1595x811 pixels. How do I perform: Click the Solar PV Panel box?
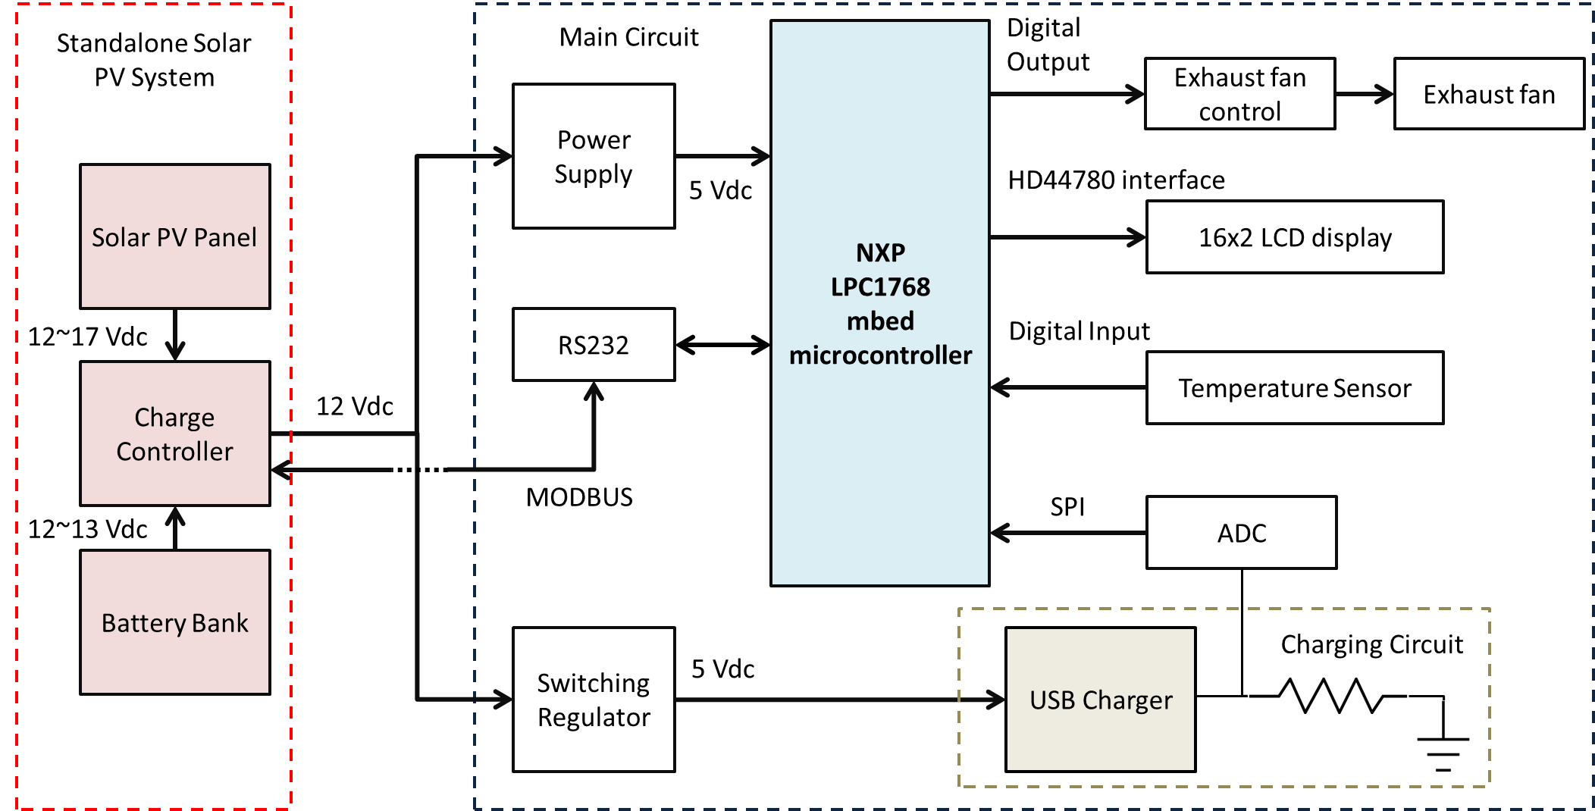[174, 236]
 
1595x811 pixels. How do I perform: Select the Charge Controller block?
[174, 434]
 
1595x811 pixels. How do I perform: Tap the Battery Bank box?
[174, 622]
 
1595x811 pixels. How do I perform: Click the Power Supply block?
[594, 156]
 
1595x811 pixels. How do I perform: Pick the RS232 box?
[594, 345]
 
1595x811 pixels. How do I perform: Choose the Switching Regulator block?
[594, 700]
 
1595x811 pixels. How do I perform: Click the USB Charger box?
[1100, 700]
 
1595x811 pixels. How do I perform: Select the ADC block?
[1241, 533]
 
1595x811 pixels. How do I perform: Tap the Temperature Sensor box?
[1294, 388]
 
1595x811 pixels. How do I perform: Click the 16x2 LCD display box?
[1294, 237]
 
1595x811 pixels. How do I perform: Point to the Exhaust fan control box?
[1239, 94]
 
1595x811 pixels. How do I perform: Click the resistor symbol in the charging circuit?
[1327, 696]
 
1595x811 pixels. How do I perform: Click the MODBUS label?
[579, 497]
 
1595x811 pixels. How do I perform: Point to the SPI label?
[1067, 507]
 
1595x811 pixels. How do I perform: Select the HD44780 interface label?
[1116, 180]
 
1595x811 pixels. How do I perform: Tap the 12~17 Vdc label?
[87, 337]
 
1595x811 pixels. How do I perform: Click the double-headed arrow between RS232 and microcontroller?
[722, 346]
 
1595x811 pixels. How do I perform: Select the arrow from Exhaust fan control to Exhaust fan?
[1365, 95]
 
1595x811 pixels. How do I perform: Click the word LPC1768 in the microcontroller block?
[880, 287]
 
